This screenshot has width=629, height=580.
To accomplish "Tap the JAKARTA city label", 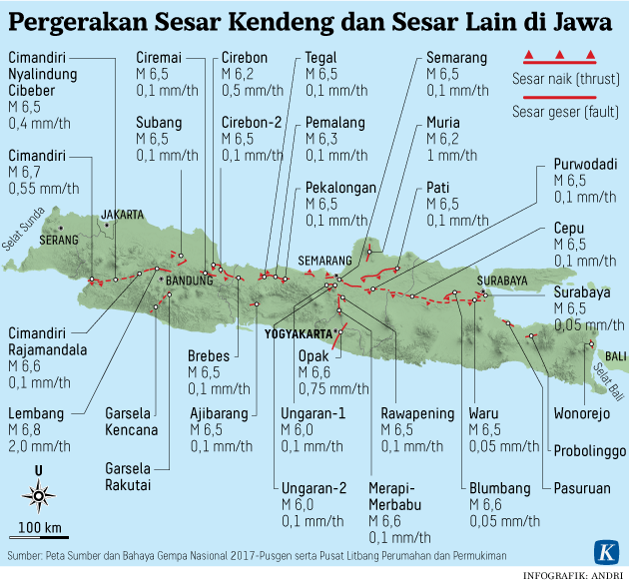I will point(122,214).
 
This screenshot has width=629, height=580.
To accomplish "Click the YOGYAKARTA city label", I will point(298,334).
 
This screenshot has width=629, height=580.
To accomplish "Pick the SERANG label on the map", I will point(58,240).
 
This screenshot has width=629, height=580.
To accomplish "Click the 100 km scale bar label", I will point(40,527).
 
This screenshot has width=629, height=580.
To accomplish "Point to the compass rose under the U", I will point(39,493).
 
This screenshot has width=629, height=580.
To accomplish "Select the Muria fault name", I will point(443,122).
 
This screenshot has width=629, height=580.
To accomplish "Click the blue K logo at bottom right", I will point(606,551).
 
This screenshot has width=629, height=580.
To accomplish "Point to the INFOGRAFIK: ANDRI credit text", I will point(573,574).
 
